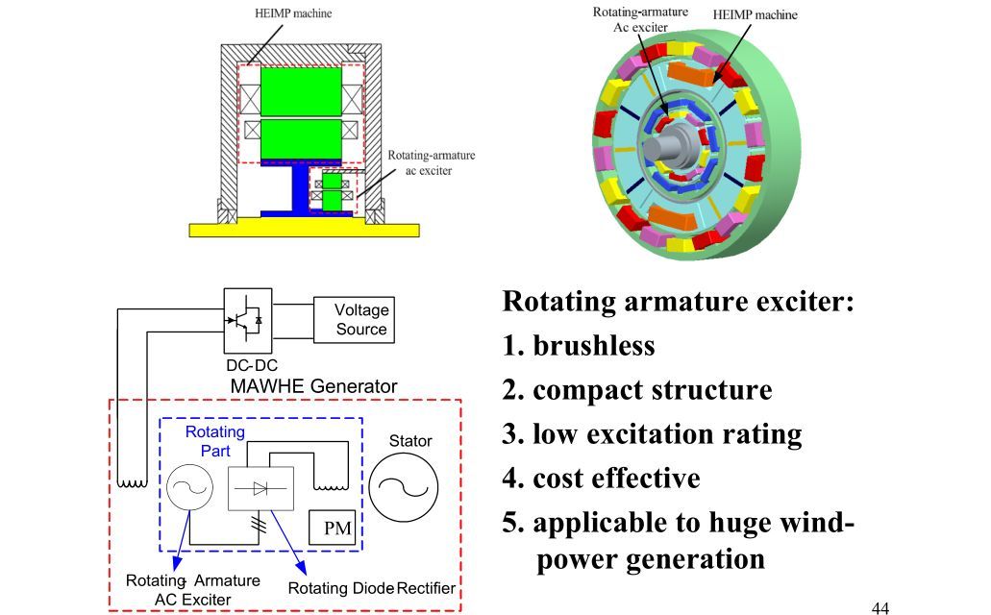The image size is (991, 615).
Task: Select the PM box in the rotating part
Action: click(x=337, y=528)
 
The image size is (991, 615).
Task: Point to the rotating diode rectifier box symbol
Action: click(x=260, y=488)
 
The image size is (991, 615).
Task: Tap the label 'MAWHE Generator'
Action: click(x=313, y=386)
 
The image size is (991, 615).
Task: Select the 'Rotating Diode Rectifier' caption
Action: click(x=372, y=588)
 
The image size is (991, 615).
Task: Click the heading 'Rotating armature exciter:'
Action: click(x=678, y=302)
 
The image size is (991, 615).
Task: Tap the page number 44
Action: click(x=880, y=607)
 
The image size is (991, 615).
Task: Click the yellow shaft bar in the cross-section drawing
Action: click(x=305, y=229)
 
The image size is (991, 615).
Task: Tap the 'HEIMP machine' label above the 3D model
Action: click(x=755, y=14)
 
